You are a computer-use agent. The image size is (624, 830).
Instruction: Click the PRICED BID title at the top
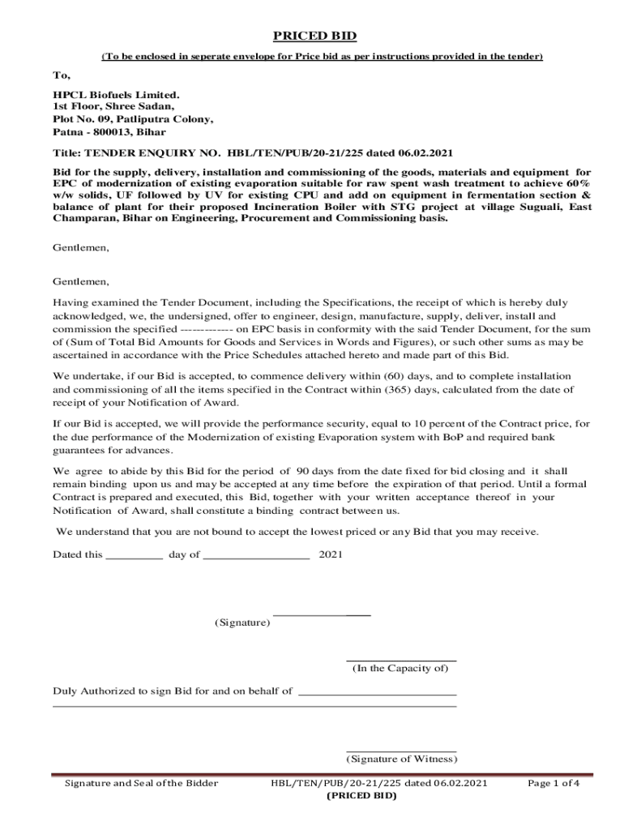pyautogui.click(x=314, y=36)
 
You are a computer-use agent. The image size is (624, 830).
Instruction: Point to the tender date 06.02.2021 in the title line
pyautogui.click(x=425, y=153)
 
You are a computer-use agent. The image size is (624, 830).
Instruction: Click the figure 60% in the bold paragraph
pyautogui.click(x=575, y=184)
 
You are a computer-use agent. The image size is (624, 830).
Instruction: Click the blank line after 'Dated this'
pyautogui.click(x=135, y=555)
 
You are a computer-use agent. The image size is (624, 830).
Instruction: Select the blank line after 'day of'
pyautogui.click(x=256, y=555)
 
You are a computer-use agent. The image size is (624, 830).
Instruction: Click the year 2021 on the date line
pyautogui.click(x=331, y=555)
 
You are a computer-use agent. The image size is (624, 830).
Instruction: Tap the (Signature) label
pyautogui.click(x=241, y=622)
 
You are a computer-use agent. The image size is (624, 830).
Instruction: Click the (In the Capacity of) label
pyautogui.click(x=400, y=669)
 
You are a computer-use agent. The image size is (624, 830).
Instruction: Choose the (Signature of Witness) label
pyautogui.click(x=401, y=759)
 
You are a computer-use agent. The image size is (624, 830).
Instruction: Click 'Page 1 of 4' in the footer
pyautogui.click(x=553, y=784)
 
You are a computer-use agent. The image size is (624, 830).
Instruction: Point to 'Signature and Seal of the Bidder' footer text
pyautogui.click(x=141, y=784)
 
